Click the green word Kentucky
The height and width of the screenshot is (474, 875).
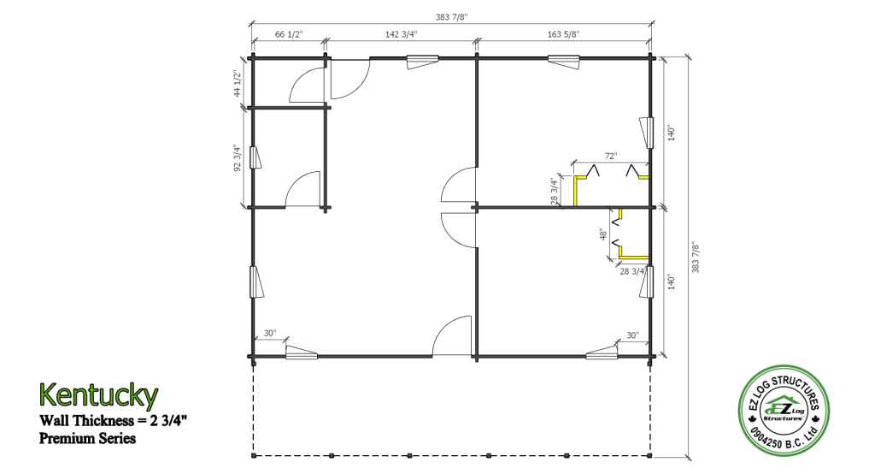(x=99, y=395)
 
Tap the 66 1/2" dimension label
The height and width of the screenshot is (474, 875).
(x=289, y=35)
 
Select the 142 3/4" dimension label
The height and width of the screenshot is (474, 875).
(x=401, y=35)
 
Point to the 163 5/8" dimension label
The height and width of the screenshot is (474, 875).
(x=563, y=35)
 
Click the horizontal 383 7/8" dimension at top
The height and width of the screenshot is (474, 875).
(x=451, y=17)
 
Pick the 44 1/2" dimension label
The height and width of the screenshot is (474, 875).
(x=238, y=83)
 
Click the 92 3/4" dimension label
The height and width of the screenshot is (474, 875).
(x=238, y=158)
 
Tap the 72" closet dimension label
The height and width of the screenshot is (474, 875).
(x=611, y=157)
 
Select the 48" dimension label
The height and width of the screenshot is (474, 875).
(x=602, y=234)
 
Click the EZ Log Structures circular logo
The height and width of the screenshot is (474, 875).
(x=784, y=411)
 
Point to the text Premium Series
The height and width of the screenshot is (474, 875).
(x=88, y=438)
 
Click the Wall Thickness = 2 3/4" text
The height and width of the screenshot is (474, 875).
(x=113, y=420)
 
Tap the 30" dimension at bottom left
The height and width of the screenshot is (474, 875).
(x=270, y=334)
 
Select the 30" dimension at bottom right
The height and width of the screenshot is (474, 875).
(x=632, y=335)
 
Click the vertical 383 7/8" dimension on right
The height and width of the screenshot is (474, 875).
(x=696, y=258)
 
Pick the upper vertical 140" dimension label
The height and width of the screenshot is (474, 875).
(x=672, y=133)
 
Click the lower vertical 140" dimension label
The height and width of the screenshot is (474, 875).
(x=672, y=281)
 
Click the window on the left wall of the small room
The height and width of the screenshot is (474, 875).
(x=255, y=157)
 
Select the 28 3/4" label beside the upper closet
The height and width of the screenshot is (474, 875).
(x=555, y=192)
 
